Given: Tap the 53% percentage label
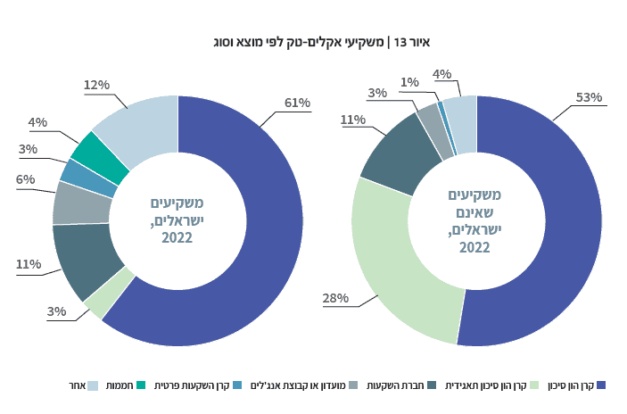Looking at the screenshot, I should click(590, 96).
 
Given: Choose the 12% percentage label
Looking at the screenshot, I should click(96, 85).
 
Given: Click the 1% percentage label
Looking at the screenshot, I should click(410, 82).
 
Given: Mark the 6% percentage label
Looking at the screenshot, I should click(26, 179).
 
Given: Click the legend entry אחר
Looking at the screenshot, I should click(75, 385).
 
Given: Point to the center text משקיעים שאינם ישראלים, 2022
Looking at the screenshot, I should click(474, 220).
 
